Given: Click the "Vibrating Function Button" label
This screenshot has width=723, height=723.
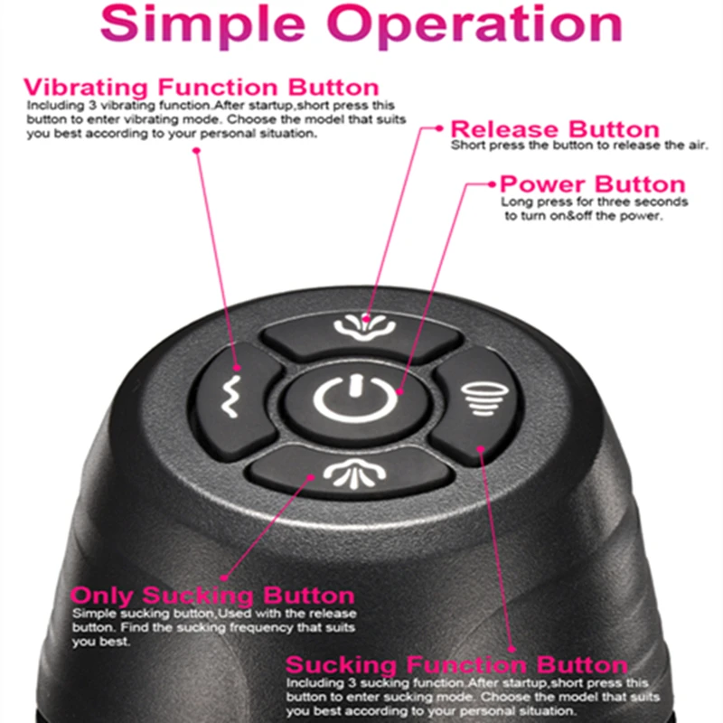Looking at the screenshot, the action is (201, 88).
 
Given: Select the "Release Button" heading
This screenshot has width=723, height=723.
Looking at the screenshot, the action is (555, 128).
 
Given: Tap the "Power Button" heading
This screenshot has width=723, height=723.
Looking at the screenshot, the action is (593, 184).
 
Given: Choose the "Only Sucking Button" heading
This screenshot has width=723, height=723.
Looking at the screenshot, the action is (213, 596).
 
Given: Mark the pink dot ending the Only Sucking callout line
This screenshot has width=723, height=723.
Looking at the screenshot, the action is (221, 578).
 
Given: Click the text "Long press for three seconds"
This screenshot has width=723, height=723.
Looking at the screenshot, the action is (595, 202).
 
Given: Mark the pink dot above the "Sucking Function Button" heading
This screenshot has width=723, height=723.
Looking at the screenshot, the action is (513, 647).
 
